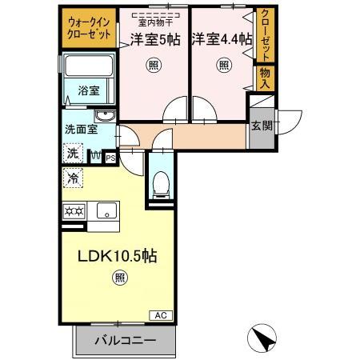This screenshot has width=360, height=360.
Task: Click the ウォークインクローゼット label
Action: [89, 30]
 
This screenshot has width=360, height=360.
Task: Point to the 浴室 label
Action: [89, 90]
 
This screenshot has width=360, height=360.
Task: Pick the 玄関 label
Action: [260, 126]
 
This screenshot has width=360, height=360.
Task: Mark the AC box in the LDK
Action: [158, 314]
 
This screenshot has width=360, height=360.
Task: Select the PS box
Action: [110, 158]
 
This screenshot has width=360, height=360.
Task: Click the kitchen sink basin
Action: [105, 211]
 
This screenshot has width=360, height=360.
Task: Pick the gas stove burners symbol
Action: [74, 211]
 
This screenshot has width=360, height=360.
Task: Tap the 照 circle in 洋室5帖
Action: [152, 67]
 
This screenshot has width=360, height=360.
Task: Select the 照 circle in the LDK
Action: [118, 279]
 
